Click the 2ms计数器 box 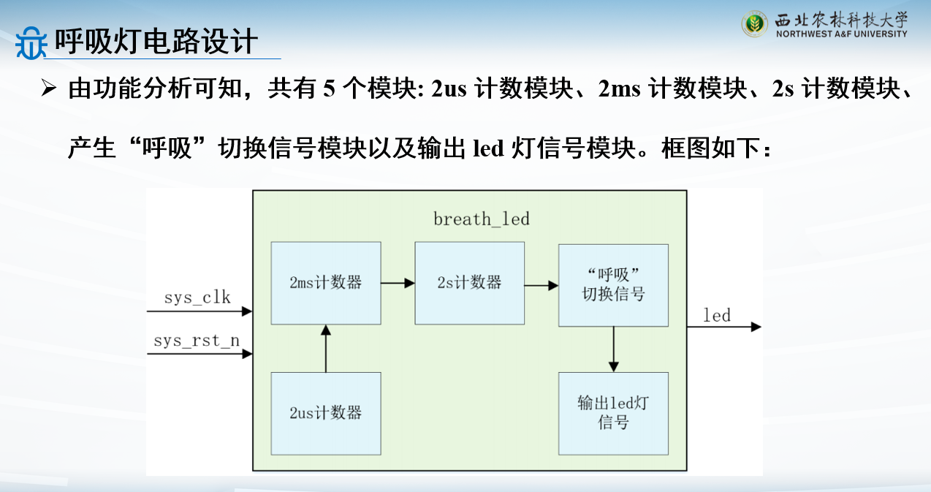coord(326,283)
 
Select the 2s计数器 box coord(470,283)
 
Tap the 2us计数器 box coord(326,413)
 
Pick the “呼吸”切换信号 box coord(613,285)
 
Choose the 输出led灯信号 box coord(613,413)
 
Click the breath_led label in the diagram coord(482,219)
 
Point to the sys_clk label coord(197,298)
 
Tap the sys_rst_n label coord(197,341)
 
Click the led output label coord(717,315)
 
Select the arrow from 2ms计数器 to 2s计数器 coord(398,283)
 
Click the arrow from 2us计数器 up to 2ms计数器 coord(326,349)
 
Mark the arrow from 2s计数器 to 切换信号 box coord(541,286)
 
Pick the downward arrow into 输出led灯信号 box coord(613,349)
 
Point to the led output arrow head coord(756,327)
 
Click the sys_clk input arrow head coord(247,311)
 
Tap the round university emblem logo coord(754,24)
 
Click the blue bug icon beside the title coord(31,43)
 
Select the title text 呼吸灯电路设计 coord(156,41)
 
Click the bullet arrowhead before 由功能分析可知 coord(49,88)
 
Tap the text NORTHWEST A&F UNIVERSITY coord(842,34)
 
